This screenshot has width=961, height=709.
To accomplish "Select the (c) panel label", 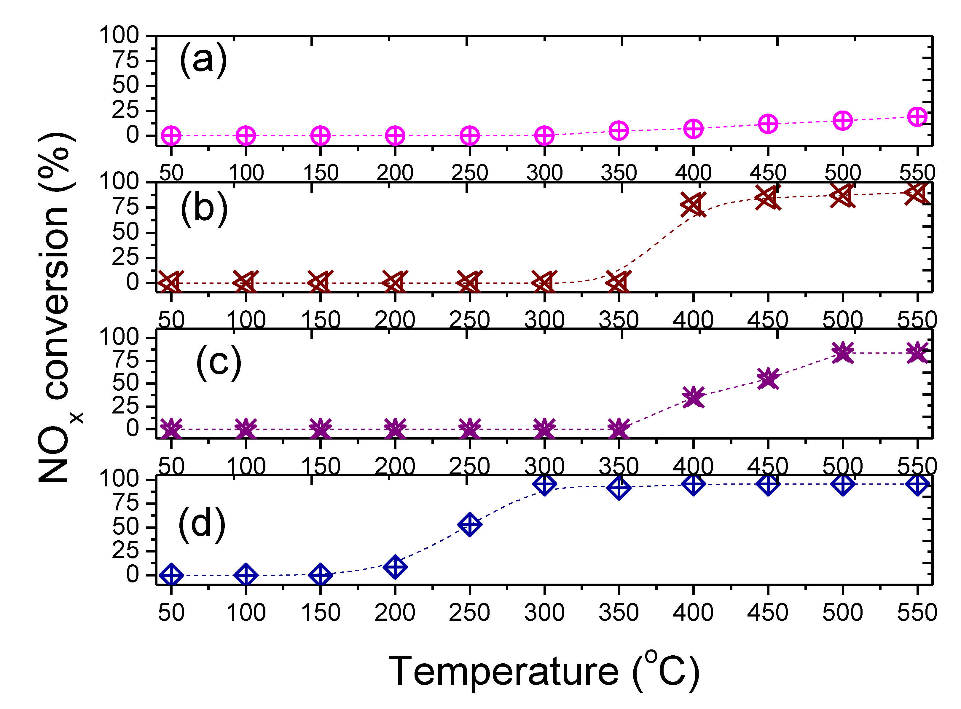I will [x=219, y=363].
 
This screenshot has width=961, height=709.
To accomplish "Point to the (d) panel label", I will [x=201, y=524].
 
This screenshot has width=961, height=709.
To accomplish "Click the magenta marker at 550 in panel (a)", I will [x=917, y=117].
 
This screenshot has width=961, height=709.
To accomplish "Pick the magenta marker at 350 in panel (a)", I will [x=619, y=130].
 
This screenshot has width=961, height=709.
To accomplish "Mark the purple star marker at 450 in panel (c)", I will [x=768, y=379].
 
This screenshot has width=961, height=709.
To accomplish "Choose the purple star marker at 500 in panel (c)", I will [x=842, y=353].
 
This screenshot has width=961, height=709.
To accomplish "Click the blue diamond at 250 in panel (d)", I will [x=470, y=524].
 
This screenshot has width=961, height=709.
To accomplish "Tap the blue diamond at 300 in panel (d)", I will [x=544, y=484].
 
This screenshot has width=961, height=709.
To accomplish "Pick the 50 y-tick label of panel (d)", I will [x=126, y=527].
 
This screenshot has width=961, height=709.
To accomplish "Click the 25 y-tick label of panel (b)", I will [x=126, y=258].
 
